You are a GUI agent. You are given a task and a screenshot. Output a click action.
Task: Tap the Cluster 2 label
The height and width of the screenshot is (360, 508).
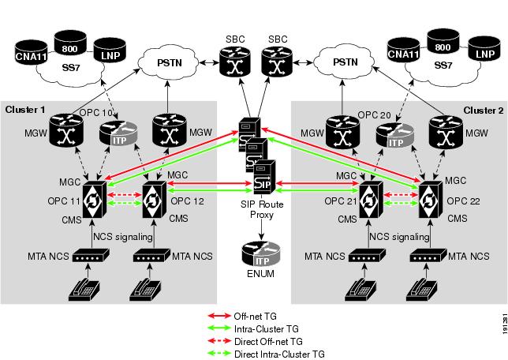(482, 109)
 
